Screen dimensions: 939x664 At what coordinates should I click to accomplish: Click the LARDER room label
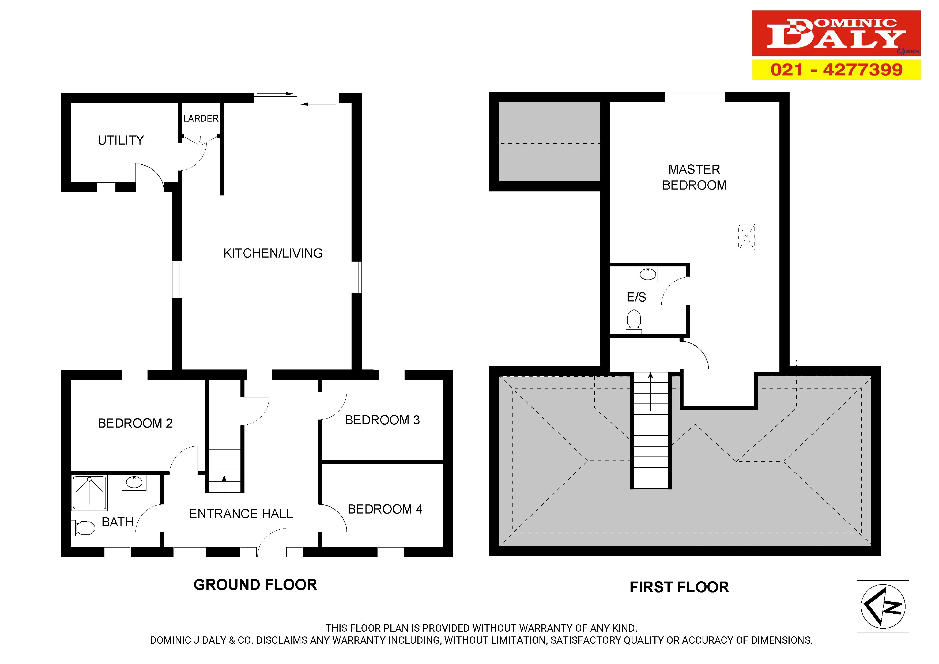point(201,119)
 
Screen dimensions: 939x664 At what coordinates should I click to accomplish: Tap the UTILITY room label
point(121,140)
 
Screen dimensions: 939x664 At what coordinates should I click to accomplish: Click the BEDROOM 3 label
point(382,420)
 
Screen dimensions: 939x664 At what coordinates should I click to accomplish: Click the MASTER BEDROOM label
point(695,177)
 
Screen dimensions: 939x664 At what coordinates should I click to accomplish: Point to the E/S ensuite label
point(636,297)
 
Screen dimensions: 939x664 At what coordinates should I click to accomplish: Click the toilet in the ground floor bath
point(84,528)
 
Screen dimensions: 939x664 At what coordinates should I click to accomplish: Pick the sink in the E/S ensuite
point(648,274)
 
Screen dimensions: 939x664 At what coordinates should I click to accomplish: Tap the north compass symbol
point(883,606)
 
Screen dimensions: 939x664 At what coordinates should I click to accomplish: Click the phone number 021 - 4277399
point(836,70)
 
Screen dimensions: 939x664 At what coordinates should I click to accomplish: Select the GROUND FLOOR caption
point(255,585)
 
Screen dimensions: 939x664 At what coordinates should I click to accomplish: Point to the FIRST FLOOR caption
point(679,587)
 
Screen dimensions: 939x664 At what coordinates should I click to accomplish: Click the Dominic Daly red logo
point(836,33)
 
